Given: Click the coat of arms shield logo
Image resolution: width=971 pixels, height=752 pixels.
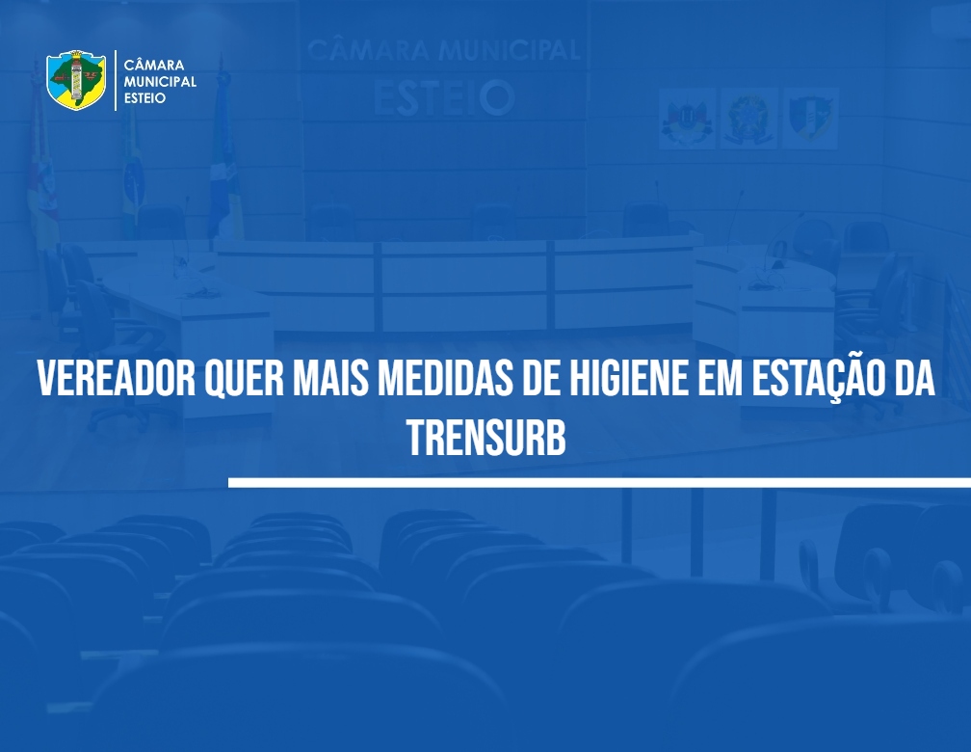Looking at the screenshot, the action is (76, 80).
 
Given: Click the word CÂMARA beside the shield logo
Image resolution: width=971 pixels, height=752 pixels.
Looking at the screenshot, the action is (153, 66).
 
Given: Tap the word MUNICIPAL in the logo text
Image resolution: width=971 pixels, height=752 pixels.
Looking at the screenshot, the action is (160, 81).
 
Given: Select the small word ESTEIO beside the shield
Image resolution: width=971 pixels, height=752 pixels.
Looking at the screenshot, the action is (144, 98).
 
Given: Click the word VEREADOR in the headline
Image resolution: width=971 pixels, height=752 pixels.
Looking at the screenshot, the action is (117, 378).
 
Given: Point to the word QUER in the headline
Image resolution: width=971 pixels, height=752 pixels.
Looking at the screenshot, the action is (244, 378).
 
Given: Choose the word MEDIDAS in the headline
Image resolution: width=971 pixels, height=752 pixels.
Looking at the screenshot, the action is (445, 378).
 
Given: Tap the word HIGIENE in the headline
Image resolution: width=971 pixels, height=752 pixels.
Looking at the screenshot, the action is (628, 378).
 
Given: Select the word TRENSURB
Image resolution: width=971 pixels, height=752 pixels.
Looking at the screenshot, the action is (486, 438).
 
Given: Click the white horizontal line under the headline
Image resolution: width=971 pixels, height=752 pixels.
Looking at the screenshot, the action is (599, 483).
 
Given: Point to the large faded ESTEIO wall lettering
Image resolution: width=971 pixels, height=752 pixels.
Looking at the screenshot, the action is (443, 98).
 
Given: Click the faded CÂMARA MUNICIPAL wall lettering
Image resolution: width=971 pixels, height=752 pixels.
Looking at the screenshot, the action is (443, 50).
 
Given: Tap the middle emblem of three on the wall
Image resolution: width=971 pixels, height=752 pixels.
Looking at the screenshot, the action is (748, 119).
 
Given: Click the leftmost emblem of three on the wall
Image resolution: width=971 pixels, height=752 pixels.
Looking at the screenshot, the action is (687, 119).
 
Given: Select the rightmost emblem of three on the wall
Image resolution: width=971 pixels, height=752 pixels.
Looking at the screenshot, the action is (810, 119).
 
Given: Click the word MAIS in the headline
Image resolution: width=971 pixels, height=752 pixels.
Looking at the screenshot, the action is (330, 378).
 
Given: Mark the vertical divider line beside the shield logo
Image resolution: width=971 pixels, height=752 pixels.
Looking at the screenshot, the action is (116, 81).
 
